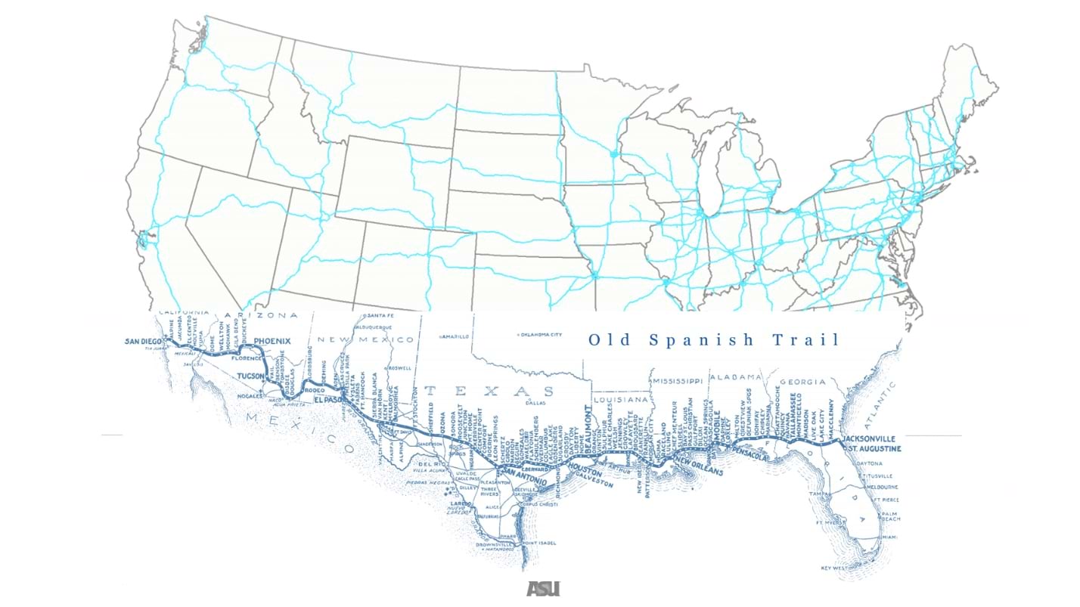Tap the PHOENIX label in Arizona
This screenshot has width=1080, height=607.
tap(272, 342)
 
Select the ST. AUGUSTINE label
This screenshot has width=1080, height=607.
tap(872, 449)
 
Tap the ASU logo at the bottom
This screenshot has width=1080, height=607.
tap(542, 588)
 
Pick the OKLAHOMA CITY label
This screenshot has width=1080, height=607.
tap(542, 334)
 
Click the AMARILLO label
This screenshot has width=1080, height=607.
tap(454, 336)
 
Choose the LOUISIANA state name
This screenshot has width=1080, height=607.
tap(622, 398)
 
